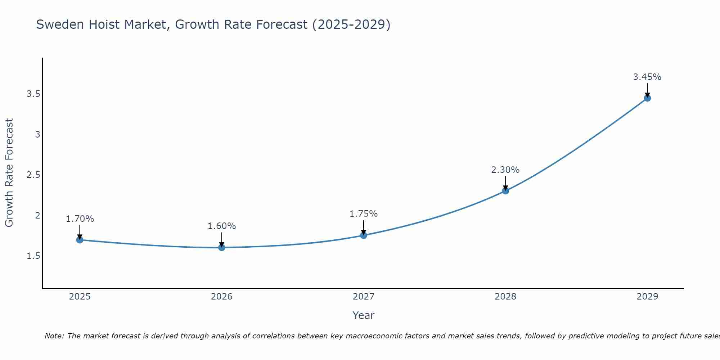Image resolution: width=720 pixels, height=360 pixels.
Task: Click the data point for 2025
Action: (80, 240)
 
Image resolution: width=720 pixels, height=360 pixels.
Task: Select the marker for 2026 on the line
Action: (222, 247)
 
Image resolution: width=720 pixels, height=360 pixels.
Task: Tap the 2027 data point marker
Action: (364, 235)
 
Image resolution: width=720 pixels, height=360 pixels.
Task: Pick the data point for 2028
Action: (505, 191)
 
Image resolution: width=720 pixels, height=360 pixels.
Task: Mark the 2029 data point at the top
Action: (647, 98)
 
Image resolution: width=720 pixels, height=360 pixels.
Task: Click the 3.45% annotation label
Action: (647, 77)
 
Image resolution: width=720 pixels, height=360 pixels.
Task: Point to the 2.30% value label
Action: (505, 170)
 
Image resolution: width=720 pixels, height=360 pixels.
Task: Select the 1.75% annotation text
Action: (364, 214)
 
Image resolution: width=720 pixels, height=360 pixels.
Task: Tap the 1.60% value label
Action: (222, 226)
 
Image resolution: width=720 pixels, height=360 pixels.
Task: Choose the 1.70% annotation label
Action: (80, 219)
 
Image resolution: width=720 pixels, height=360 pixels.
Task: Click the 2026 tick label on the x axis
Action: (222, 297)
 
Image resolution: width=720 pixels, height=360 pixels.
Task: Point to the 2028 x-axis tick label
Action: (505, 297)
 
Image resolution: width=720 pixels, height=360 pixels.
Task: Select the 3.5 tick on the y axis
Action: (33, 94)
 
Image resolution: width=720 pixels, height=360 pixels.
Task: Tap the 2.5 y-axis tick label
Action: (33, 175)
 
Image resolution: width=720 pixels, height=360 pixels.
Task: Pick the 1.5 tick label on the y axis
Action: (33, 256)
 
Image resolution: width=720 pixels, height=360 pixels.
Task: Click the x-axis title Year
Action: (364, 315)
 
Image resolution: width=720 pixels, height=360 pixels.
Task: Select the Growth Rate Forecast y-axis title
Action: (9, 173)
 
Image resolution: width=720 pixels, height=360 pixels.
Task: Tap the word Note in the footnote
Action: (54, 336)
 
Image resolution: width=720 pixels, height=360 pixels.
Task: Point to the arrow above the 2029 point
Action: (647, 89)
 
